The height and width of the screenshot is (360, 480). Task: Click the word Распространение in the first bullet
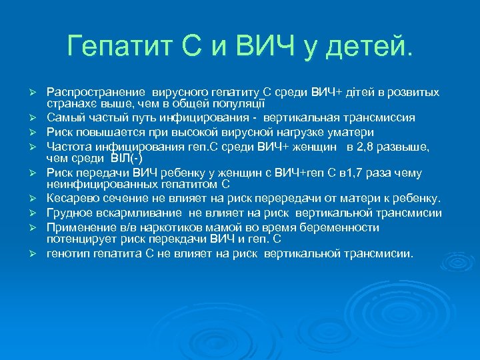pos(96,91)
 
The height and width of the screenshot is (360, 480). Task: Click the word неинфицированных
pos(99,185)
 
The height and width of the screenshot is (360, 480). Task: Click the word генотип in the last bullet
pos(67,253)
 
